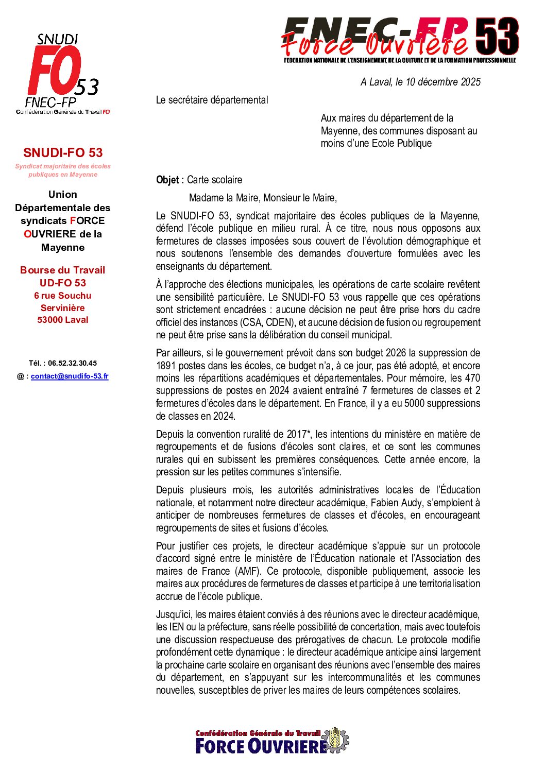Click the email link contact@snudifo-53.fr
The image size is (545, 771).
click(70, 376)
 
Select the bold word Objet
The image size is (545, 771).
click(169, 180)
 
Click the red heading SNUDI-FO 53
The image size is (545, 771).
click(63, 152)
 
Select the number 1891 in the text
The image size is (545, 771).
click(166, 366)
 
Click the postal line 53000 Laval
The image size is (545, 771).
click(63, 320)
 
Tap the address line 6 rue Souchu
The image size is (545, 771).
click(63, 296)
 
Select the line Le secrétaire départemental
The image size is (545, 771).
click(212, 100)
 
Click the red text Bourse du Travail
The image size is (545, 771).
click(63, 270)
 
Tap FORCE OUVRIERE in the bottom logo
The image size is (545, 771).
click(262, 746)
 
